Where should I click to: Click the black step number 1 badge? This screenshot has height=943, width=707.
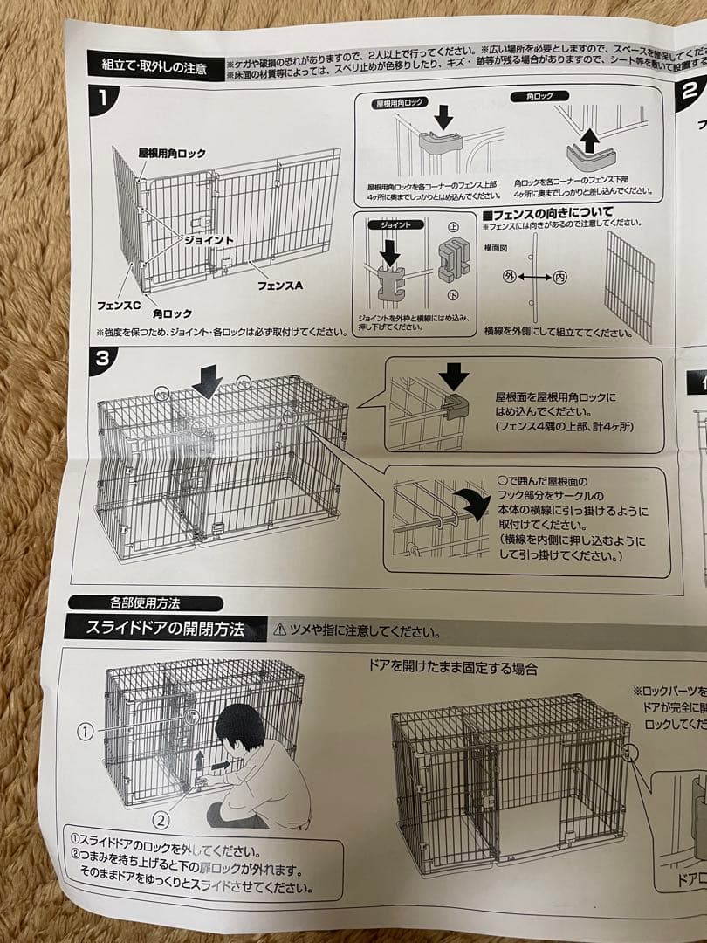coord(104,97)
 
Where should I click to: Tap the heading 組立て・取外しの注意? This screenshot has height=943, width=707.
coord(154,66)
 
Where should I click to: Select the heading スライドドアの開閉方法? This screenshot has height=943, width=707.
coord(166,629)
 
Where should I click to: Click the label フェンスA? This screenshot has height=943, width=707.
coord(279,286)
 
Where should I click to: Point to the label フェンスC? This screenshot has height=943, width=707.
coord(119,305)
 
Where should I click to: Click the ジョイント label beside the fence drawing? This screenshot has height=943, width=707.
coord(209,239)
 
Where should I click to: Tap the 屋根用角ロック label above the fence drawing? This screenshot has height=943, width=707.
coord(172,153)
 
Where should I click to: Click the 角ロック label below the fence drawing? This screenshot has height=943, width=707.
coord(172,313)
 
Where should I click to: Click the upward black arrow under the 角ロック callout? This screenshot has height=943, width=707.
coord(590,138)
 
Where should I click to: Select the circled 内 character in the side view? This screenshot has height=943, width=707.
coord(560,278)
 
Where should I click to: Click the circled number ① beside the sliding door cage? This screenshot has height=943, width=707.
coord(84,732)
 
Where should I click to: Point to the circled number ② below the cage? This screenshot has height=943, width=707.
coord(161,819)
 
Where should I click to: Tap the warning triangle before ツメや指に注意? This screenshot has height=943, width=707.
coord(279,630)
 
